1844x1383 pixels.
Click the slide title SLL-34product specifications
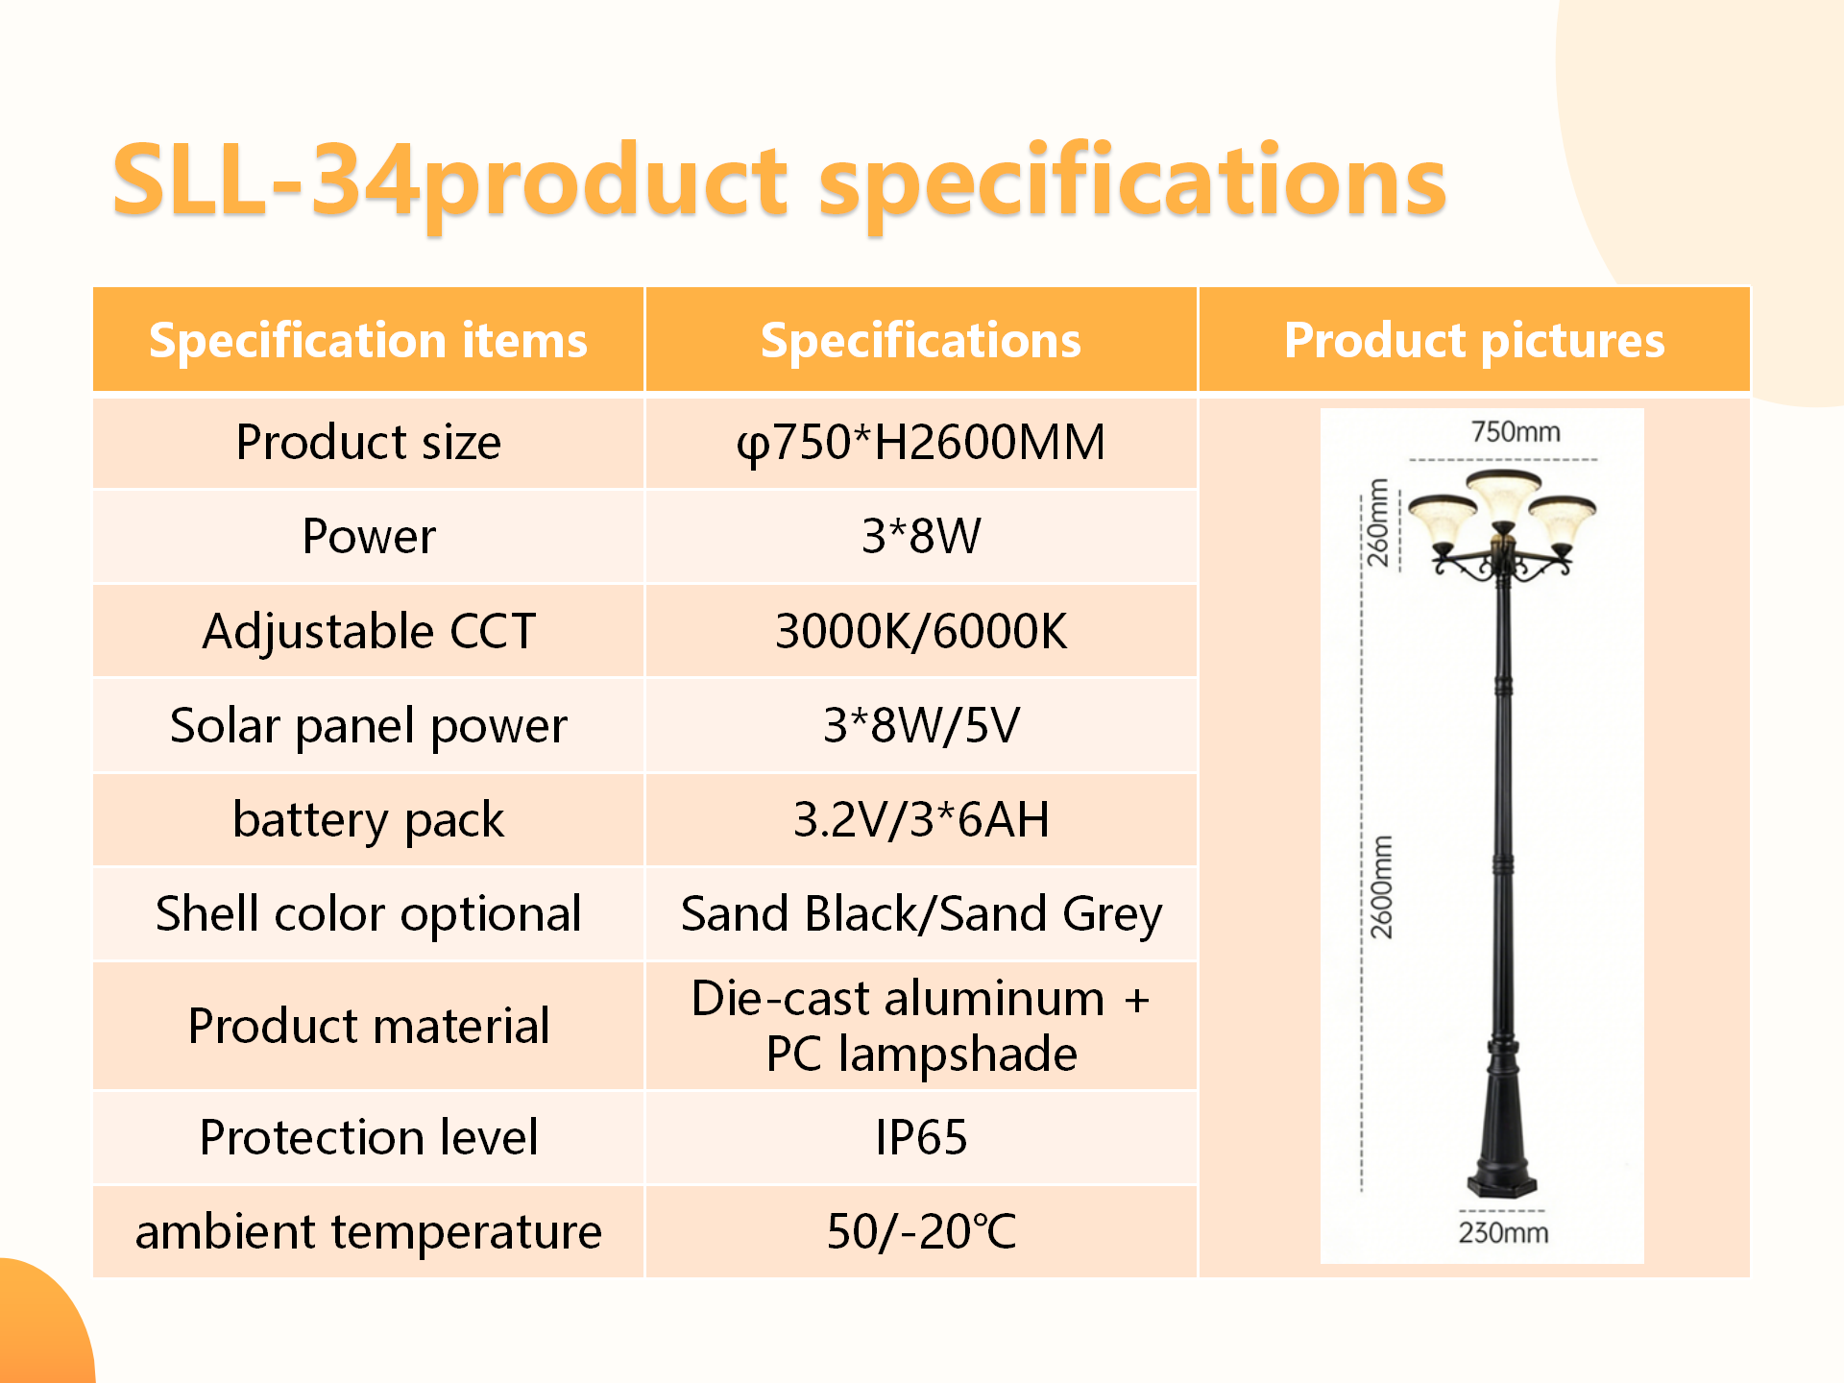coord(779,182)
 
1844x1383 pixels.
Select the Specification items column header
coord(368,340)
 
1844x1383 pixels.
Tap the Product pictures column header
coord(1474,340)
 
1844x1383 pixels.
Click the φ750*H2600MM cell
coord(921,443)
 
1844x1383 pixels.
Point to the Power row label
coord(369,536)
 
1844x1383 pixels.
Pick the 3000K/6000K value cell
coord(921,631)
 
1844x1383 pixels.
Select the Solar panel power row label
coord(369,726)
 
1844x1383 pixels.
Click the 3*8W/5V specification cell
coord(921,725)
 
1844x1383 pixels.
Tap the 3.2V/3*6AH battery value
coord(921,819)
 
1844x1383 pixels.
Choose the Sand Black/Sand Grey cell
coord(921,913)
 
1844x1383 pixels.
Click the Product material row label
coord(369,1026)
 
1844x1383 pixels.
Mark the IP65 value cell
coord(921,1137)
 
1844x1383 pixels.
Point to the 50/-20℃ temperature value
coord(921,1231)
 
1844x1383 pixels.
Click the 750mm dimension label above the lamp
coord(1516,432)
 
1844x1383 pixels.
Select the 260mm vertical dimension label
coord(1378,522)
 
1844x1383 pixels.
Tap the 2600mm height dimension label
coord(1381,887)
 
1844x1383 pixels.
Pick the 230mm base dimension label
coord(1503,1232)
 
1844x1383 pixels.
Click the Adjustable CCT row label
coord(369,631)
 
